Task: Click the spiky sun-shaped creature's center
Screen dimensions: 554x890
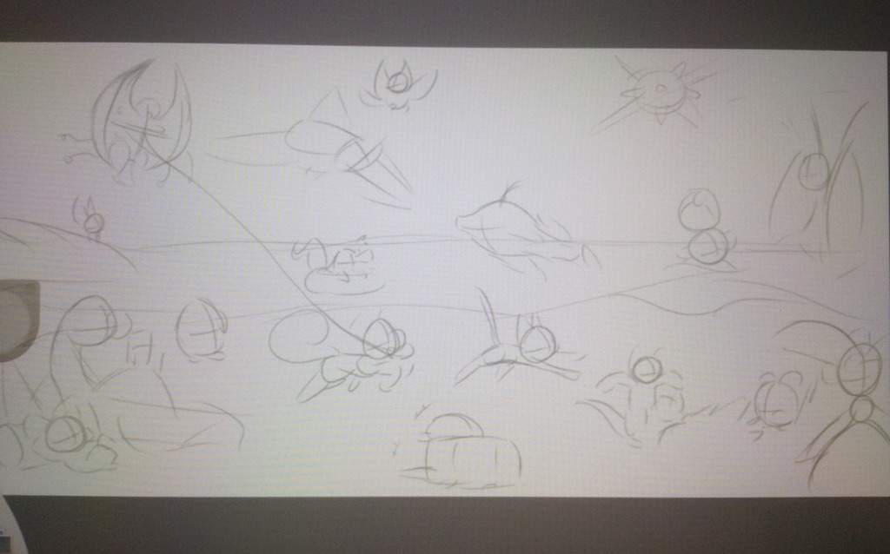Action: point(661,89)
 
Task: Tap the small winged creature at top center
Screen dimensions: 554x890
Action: point(398,84)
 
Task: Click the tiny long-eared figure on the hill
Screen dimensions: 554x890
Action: point(91,222)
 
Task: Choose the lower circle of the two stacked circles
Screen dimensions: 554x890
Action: point(707,246)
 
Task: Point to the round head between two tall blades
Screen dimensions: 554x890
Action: point(814,171)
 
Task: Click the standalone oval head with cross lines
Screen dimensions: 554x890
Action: point(200,328)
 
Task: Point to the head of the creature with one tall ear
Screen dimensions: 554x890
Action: point(537,343)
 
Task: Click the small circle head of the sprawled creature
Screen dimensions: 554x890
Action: point(646,369)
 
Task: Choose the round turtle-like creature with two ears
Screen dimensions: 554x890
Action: point(775,401)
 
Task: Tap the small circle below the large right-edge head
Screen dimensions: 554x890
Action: point(860,408)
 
